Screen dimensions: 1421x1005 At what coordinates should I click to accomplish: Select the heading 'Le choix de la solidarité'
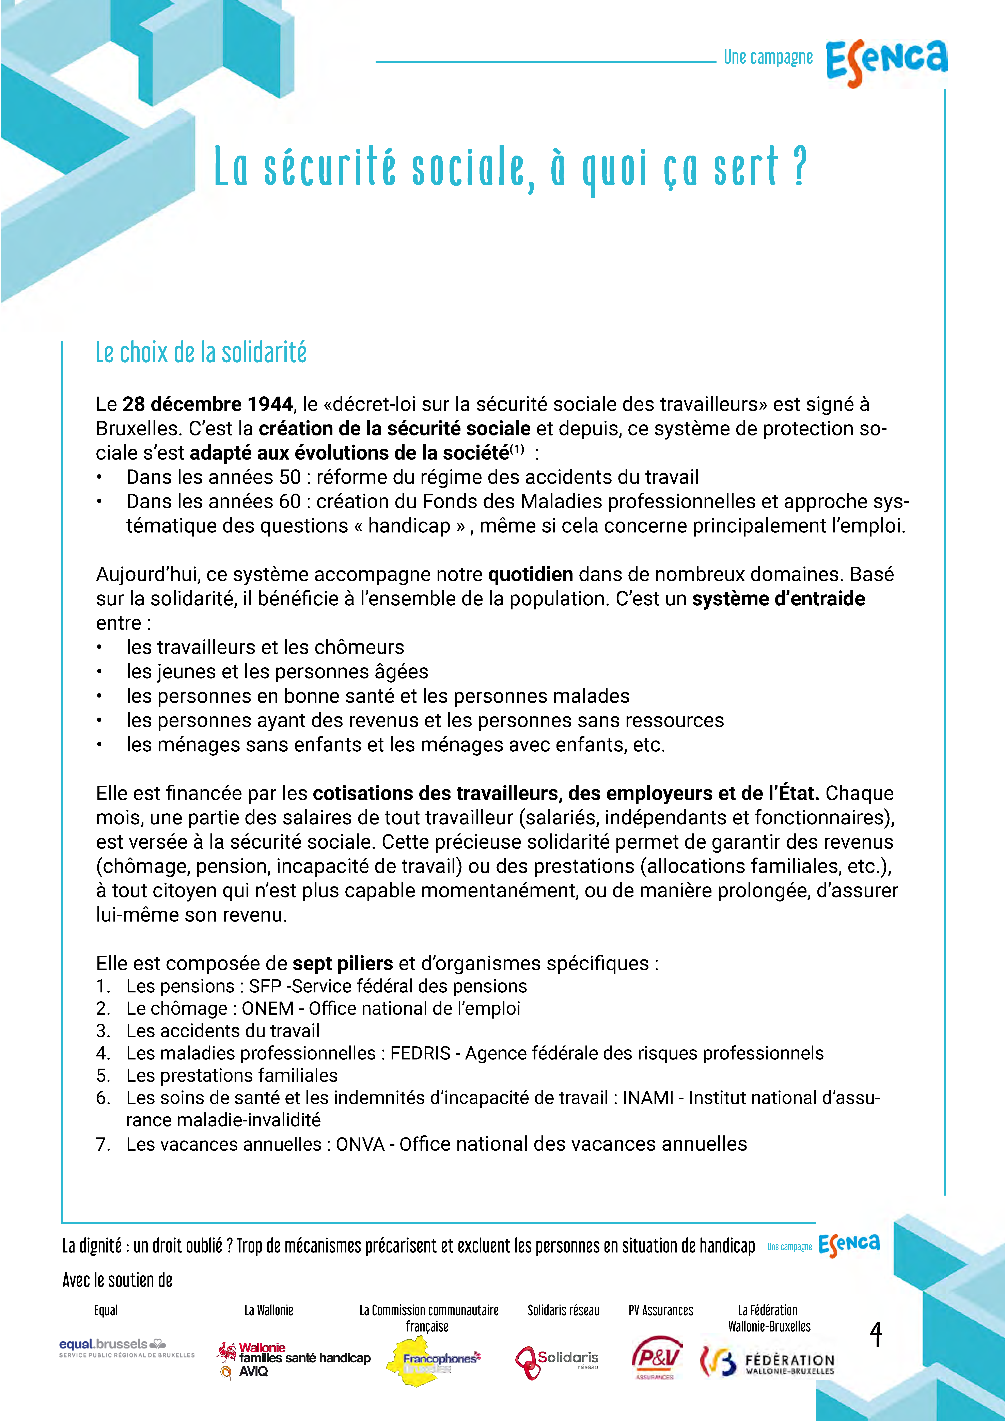pos(201,353)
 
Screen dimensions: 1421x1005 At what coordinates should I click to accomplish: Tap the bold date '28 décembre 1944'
pos(207,404)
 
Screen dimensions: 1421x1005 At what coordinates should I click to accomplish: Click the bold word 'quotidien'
pos(531,574)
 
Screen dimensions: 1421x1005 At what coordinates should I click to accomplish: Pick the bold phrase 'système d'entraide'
pos(778,598)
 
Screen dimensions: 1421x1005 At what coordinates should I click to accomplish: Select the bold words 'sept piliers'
pos(342,964)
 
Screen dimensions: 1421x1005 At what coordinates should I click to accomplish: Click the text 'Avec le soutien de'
pos(118,1280)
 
